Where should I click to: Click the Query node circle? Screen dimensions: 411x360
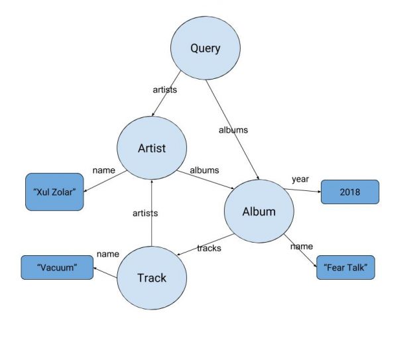click(206, 48)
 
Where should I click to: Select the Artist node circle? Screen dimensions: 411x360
click(152, 148)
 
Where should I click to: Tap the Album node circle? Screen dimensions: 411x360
click(259, 211)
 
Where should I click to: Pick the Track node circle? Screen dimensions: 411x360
click(152, 278)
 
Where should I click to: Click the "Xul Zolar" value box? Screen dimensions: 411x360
click(54, 192)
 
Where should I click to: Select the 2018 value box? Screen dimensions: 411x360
click(350, 192)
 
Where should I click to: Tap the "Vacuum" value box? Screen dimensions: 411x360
click(57, 267)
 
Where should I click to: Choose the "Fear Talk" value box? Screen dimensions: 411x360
click(346, 267)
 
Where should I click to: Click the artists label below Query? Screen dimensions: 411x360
click(165, 90)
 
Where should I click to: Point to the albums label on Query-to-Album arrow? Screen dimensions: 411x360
click(233, 130)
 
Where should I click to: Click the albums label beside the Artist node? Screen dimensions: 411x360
click(204, 170)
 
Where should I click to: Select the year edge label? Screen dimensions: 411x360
click(300, 180)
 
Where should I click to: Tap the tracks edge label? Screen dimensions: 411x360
click(209, 248)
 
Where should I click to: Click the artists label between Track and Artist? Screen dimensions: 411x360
click(145, 213)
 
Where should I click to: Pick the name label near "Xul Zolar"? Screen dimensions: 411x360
click(104, 170)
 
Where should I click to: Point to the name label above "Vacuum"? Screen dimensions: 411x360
click(108, 254)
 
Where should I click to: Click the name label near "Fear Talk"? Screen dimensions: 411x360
click(302, 247)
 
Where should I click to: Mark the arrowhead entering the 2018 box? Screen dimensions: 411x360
click(320, 192)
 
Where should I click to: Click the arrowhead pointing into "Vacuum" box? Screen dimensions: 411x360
click(95, 269)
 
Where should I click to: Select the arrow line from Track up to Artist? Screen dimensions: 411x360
click(152, 213)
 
